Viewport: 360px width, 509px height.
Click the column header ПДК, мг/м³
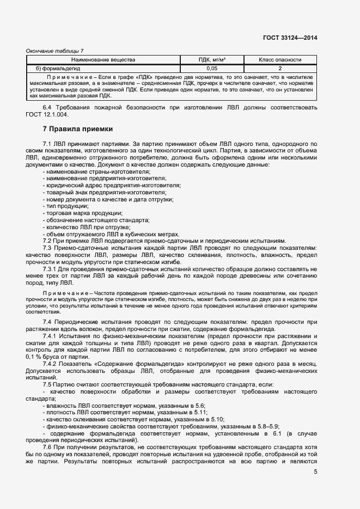click(x=212, y=59)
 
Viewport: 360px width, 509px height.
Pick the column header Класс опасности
click(x=280, y=59)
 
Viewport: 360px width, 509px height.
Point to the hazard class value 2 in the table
click(x=280, y=69)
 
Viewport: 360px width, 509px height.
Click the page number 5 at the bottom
click(x=315, y=471)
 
